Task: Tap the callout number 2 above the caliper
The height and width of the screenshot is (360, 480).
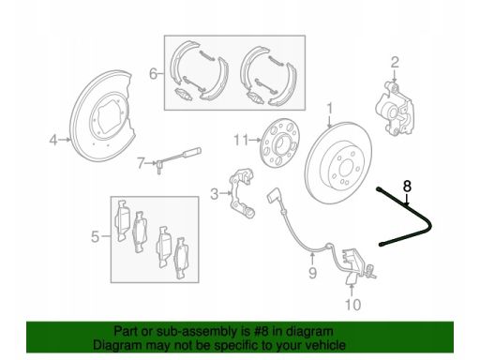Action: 395,62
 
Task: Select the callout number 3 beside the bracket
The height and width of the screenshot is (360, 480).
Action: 215,194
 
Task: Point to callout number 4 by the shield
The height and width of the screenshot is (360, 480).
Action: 53,140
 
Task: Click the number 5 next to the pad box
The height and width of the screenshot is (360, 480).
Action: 96,236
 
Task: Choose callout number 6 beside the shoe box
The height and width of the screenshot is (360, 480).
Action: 153,74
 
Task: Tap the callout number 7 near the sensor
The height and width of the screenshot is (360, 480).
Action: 141,163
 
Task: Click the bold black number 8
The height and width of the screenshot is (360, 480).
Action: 407,187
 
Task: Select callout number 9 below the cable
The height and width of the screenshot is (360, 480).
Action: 312,273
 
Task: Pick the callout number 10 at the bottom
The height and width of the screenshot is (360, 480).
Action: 352,304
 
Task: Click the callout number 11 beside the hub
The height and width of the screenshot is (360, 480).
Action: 241,140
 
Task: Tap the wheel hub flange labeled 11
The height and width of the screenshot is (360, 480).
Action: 280,142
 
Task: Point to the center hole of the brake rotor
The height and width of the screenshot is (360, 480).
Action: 346,169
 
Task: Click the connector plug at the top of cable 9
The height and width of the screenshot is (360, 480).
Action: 274,195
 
